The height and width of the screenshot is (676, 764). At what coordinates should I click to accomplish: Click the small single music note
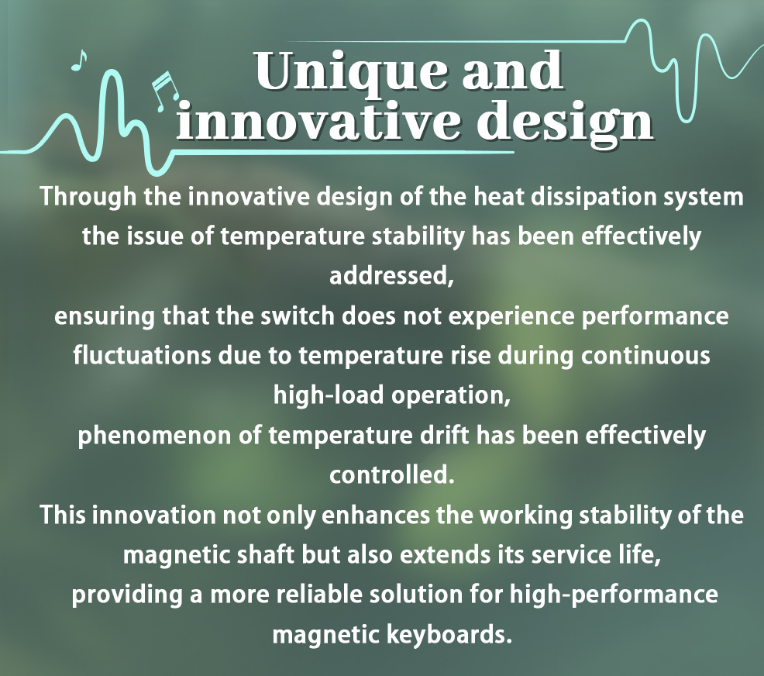(x=78, y=60)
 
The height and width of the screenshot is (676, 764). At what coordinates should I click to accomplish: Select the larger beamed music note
(x=165, y=91)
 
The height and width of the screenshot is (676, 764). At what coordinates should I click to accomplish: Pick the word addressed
(x=391, y=275)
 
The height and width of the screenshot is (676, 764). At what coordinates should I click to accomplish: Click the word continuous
(x=645, y=356)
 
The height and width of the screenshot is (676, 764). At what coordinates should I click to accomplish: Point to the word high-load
(x=329, y=395)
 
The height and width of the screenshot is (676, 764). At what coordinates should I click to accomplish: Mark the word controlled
(x=392, y=474)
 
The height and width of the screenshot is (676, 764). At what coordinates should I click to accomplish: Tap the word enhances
(x=376, y=516)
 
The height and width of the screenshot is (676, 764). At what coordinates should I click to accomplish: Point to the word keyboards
(x=449, y=634)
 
